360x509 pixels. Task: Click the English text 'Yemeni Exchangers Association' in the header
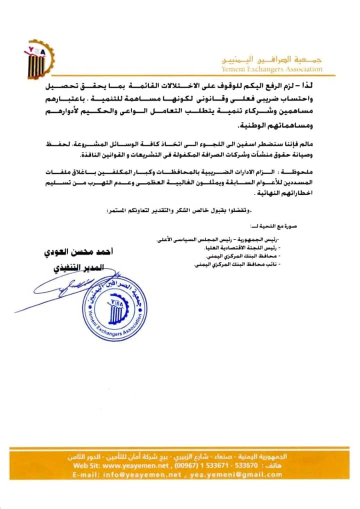[x=272, y=69]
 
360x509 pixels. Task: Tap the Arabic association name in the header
[x=274, y=59]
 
